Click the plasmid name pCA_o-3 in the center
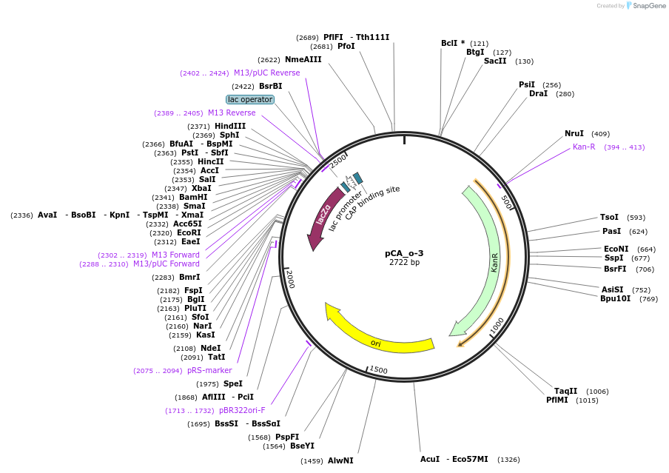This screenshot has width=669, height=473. pos(404,253)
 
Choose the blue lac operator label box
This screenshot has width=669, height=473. pos(250,99)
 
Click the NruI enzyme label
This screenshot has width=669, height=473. pos(574,134)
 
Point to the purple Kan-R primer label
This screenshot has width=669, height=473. pos(584,147)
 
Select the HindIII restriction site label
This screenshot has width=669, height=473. pos(230,127)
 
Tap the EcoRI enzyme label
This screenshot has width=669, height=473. pos(189,232)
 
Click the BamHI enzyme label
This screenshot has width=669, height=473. pos(193,197)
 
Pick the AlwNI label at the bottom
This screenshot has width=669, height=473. pos(340,460)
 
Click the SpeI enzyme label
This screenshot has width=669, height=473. pos(233,383)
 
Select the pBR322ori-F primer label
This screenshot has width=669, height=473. pos(242,410)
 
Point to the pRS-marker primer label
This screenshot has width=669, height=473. pos(209,370)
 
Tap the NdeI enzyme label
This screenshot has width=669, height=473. pos(211,348)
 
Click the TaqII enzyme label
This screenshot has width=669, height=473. pos(565,391)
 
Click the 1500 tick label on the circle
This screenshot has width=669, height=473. pos(378,369)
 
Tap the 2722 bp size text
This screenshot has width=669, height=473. pos(404,263)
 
